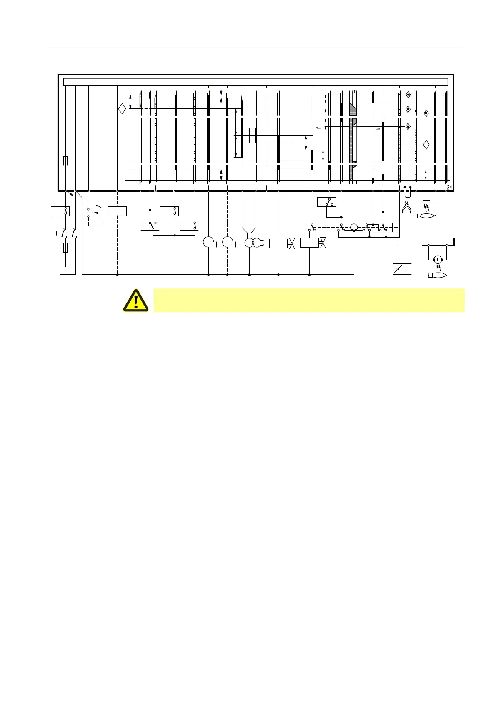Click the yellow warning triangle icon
(135, 300)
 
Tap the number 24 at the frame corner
(449, 188)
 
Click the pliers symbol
(406, 207)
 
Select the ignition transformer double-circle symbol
(252, 243)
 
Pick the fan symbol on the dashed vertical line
(228, 242)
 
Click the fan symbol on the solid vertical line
(209, 242)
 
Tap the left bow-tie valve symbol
(292, 243)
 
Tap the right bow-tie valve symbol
(322, 243)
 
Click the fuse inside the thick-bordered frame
(65, 161)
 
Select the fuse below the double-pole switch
(65, 248)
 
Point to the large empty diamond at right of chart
(426, 145)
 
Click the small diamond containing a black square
(426, 113)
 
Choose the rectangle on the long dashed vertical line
(117, 211)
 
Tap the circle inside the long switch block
(354, 228)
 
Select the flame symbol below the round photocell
(438, 275)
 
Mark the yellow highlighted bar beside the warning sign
(309, 300)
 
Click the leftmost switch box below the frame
(60, 211)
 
